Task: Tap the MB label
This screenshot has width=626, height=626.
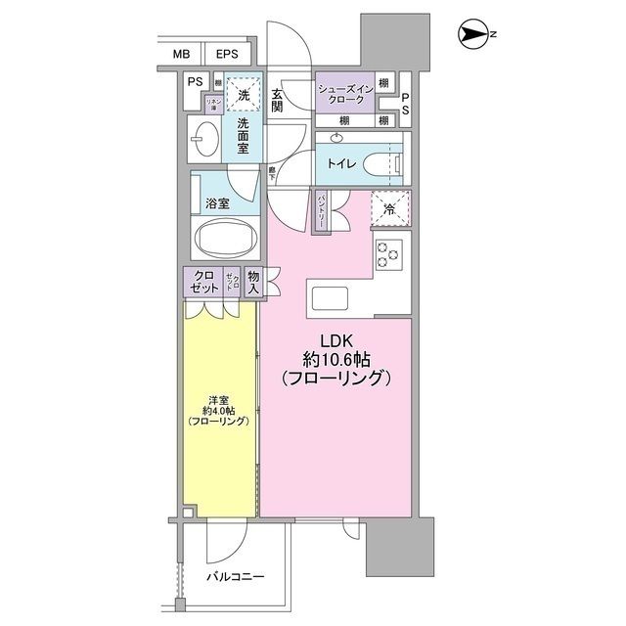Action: pos(182,55)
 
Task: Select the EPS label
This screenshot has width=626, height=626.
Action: pos(227,55)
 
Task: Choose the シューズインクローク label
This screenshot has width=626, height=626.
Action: pos(341,94)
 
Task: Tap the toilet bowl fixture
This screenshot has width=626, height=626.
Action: pos(380,162)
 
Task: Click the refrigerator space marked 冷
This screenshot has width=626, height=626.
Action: pos(389,207)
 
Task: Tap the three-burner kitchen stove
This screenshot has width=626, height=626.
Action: pos(388,253)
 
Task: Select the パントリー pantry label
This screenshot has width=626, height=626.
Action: pos(322,211)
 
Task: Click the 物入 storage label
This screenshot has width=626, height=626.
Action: pos(254,284)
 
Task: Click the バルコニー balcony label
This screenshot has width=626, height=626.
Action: pos(235,576)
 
